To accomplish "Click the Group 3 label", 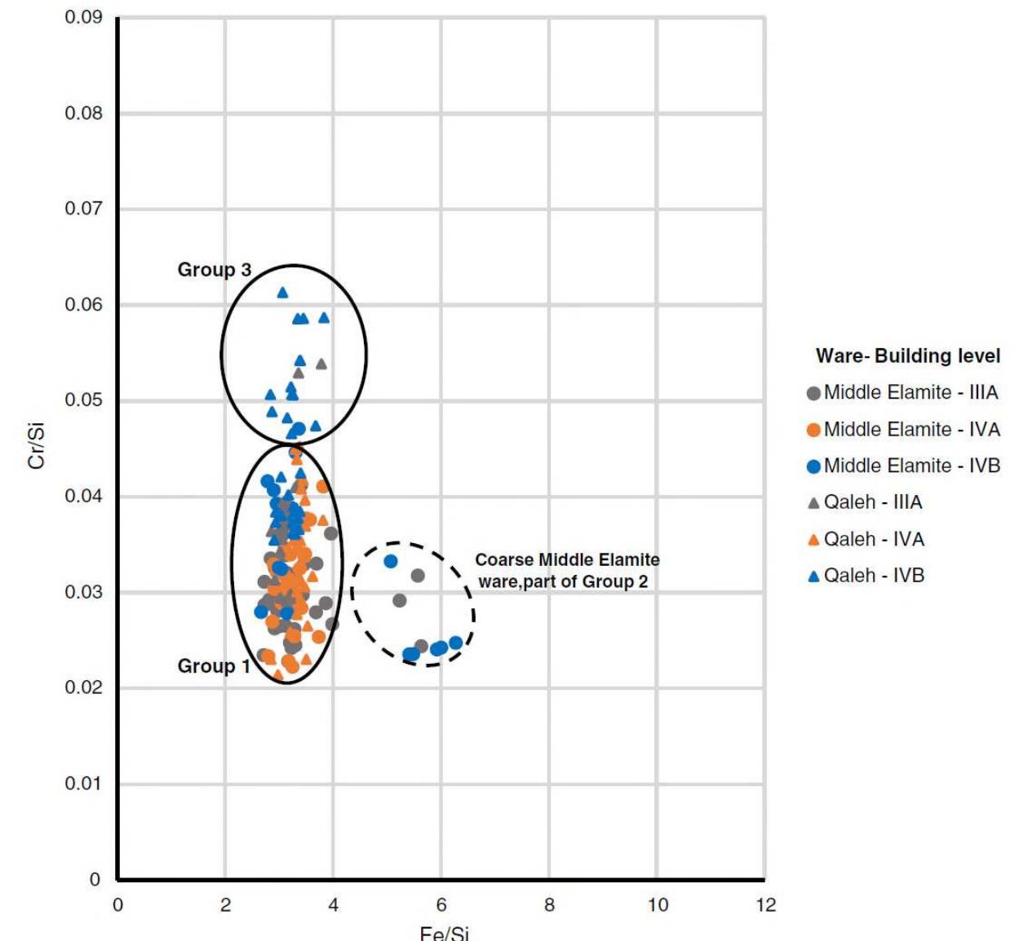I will [214, 270].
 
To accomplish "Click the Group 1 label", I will [213, 666].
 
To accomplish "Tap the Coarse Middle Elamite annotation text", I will [567, 571].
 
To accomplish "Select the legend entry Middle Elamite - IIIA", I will [910, 393].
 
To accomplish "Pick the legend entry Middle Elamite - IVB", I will [911, 466].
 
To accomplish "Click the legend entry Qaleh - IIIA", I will [872, 502].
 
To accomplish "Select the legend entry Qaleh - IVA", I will [873, 539].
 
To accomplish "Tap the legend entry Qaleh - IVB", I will [873, 576].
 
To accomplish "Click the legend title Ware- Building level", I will [907, 356].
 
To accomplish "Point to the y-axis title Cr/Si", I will [36, 446].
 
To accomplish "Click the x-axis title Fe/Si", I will [444, 933].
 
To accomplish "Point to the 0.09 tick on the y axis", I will [84, 18].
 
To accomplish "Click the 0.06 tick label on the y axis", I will [84, 305].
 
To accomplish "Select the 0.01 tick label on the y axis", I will [84, 784].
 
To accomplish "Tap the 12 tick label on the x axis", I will [765, 905].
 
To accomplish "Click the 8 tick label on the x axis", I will [549, 905].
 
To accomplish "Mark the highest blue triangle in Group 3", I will [282, 293].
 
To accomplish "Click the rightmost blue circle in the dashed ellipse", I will [456, 643].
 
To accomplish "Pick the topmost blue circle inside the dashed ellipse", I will [391, 561].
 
